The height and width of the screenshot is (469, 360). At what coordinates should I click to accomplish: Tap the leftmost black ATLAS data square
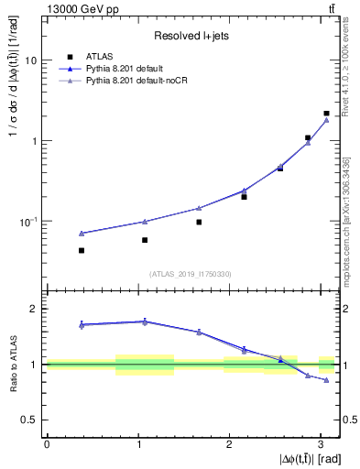click(x=82, y=250)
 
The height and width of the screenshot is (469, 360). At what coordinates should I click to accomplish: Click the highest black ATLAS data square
click(x=326, y=114)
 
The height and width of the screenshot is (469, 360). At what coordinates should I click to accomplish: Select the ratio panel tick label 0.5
click(x=30, y=420)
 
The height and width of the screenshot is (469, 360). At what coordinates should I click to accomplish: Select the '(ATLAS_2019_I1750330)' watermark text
click(x=190, y=274)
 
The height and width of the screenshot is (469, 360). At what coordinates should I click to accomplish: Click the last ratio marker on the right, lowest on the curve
click(x=326, y=380)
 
